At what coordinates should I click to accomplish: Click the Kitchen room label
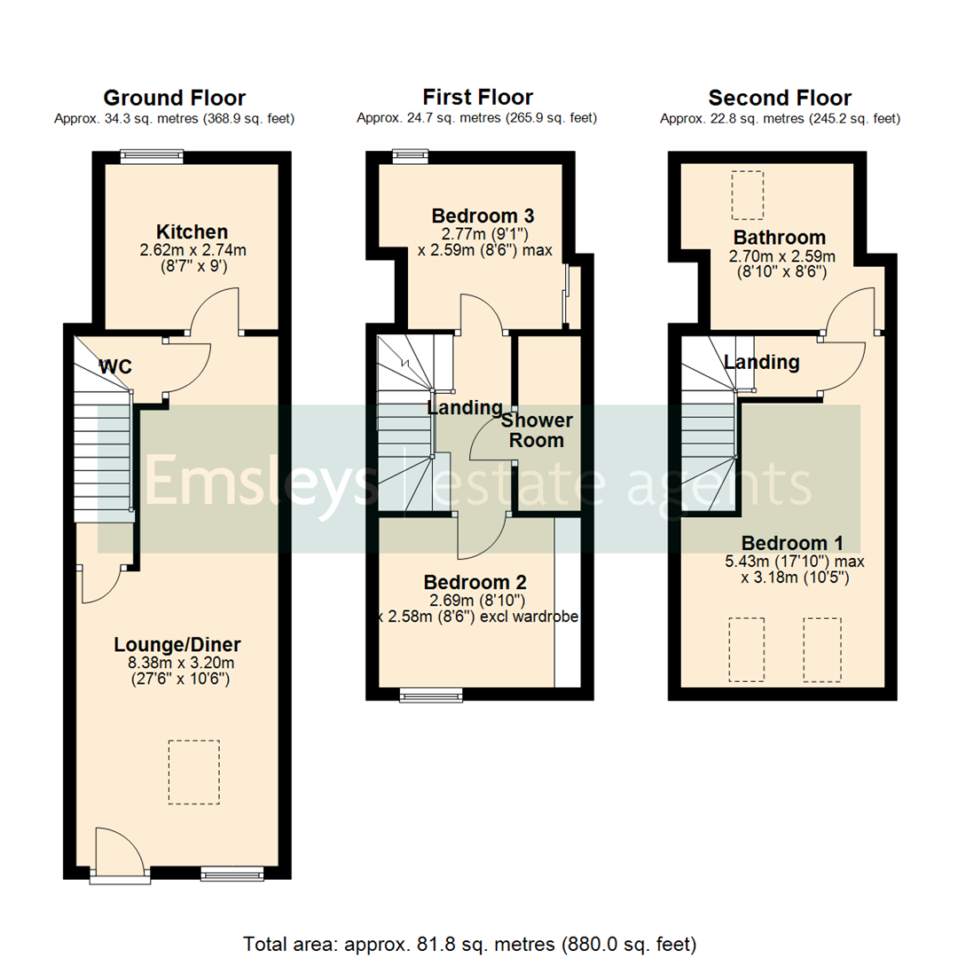(192, 232)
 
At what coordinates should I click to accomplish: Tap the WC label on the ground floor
(116, 366)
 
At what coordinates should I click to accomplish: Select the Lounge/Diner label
(177, 644)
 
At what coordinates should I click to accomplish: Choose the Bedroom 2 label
(475, 583)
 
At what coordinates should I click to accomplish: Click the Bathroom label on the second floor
(779, 238)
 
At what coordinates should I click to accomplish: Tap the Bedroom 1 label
(792, 543)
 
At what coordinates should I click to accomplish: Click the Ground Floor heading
(174, 98)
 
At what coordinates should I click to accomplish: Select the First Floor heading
(477, 98)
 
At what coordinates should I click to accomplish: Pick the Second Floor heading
(780, 98)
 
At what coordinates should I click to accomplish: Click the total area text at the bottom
(469, 943)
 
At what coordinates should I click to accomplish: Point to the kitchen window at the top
(153, 156)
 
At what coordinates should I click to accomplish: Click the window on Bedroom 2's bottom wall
(431, 695)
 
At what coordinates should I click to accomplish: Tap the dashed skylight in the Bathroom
(747, 195)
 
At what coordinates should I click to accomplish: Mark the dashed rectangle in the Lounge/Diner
(193, 772)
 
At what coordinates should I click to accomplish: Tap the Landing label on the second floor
(761, 362)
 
